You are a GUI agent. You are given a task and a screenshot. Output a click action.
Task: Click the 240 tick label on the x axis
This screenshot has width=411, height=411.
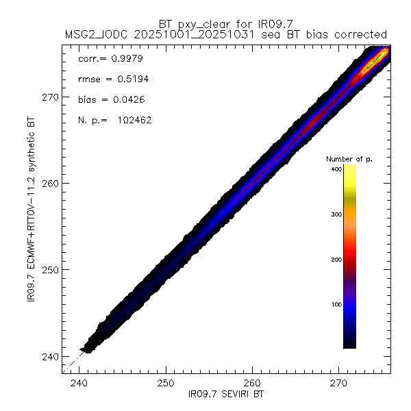coord(80,383)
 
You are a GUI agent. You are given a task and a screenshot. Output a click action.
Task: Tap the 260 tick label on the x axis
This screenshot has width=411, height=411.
coord(253,383)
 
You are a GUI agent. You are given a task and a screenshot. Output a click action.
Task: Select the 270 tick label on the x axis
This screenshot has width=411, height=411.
coord(339,383)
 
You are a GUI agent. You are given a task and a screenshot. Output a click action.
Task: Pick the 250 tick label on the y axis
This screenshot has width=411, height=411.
coord(51,269)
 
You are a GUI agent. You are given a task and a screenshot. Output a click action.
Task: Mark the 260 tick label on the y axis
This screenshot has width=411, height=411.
coord(51,183)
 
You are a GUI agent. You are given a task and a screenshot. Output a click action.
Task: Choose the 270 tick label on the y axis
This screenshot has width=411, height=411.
coord(51,97)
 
